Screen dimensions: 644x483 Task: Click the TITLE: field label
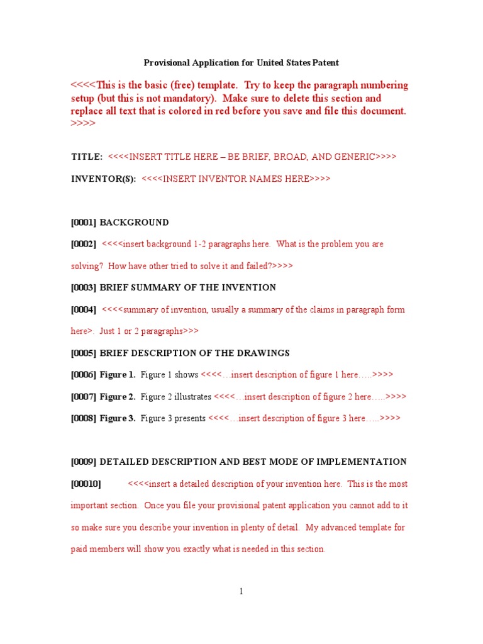pyautogui.click(x=87, y=157)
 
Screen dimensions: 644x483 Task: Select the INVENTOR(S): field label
pyautogui.click(x=103, y=179)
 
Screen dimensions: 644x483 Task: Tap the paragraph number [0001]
pyautogui.click(x=84, y=223)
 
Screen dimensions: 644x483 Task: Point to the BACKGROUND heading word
pyautogui.click(x=135, y=223)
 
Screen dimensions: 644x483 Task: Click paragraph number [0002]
pyautogui.click(x=84, y=244)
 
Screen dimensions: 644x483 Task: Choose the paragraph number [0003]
pyautogui.click(x=84, y=287)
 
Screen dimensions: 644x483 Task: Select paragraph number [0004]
pyautogui.click(x=84, y=309)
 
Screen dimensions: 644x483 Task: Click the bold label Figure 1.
pyautogui.click(x=118, y=375)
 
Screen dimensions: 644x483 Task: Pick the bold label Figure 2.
pyautogui.click(x=118, y=397)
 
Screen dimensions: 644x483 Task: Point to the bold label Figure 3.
pyautogui.click(x=118, y=418)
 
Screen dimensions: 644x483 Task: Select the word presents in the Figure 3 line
pyautogui.click(x=189, y=418)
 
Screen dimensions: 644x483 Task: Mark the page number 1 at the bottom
pyautogui.click(x=241, y=591)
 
